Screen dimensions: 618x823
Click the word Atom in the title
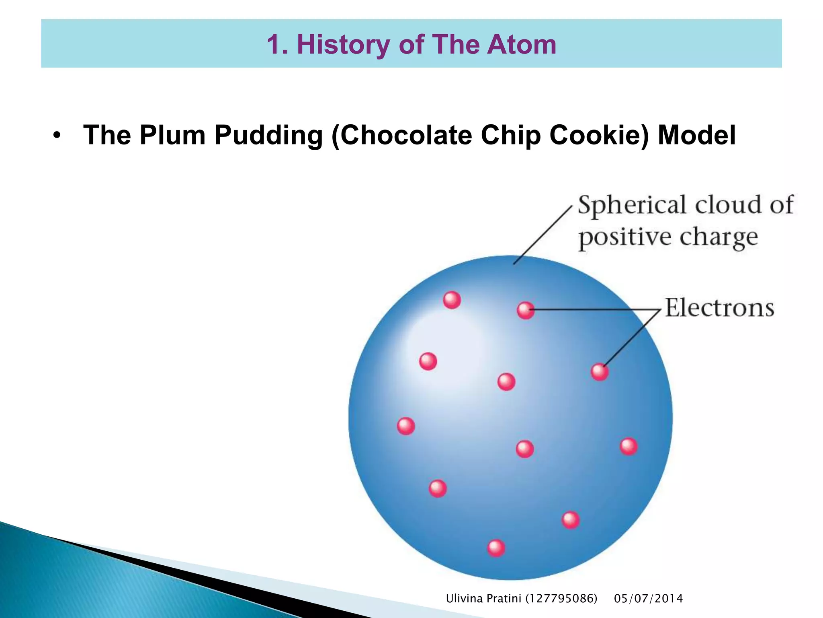click(x=522, y=44)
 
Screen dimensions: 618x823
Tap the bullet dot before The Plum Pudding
click(x=57, y=135)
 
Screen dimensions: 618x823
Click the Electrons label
click(x=719, y=308)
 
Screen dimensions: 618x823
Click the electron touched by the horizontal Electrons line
click(x=525, y=310)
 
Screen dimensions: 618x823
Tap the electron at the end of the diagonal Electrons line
click(x=600, y=372)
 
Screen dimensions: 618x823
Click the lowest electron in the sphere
click(x=496, y=548)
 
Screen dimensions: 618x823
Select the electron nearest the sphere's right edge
click(x=629, y=447)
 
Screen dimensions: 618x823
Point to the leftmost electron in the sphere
click(x=406, y=426)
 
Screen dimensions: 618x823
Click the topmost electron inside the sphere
click(x=452, y=300)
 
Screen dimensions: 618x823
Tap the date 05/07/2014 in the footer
click(x=648, y=599)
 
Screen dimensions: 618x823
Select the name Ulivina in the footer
click(x=464, y=599)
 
